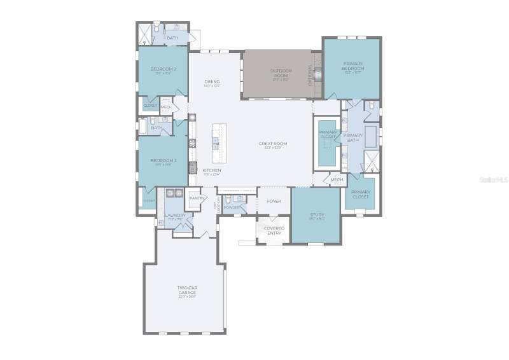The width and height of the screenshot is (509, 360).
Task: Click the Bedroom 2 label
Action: point(163,69)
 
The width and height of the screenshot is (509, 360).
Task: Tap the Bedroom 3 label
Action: point(163,160)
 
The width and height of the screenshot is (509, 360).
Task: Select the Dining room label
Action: point(212,82)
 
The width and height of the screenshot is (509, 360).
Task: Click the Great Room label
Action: point(273,144)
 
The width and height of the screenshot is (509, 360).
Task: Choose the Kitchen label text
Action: point(211,171)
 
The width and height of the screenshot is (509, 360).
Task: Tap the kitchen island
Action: point(216,142)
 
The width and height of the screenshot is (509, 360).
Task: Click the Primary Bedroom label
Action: point(352,65)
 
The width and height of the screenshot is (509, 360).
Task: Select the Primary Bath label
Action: point(352,137)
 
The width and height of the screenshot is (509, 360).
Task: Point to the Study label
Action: point(317,215)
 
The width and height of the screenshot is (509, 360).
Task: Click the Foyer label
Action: point(274,201)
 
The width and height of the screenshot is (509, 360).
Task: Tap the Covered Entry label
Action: point(274,230)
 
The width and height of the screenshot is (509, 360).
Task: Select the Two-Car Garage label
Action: point(186,290)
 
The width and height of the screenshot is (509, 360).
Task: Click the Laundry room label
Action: point(174,216)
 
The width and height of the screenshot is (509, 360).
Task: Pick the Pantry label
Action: point(197,198)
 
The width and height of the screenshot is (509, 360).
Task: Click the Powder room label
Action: point(231,207)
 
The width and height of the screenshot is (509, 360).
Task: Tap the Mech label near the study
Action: point(337,180)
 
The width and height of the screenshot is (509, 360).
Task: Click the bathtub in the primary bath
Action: point(371,136)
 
